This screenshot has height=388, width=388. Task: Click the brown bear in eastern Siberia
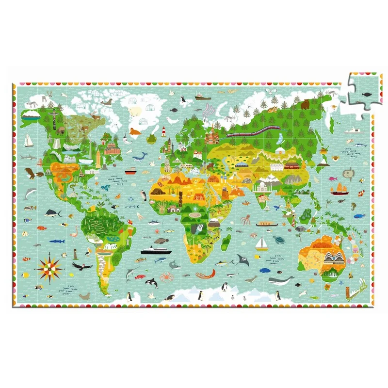click(x=305, y=104)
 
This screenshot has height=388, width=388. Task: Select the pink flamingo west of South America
click(x=74, y=232)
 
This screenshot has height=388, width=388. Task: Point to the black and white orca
click(x=151, y=282)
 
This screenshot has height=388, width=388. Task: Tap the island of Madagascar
click(x=226, y=242)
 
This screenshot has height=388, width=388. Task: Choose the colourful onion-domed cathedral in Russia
click(x=212, y=137)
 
